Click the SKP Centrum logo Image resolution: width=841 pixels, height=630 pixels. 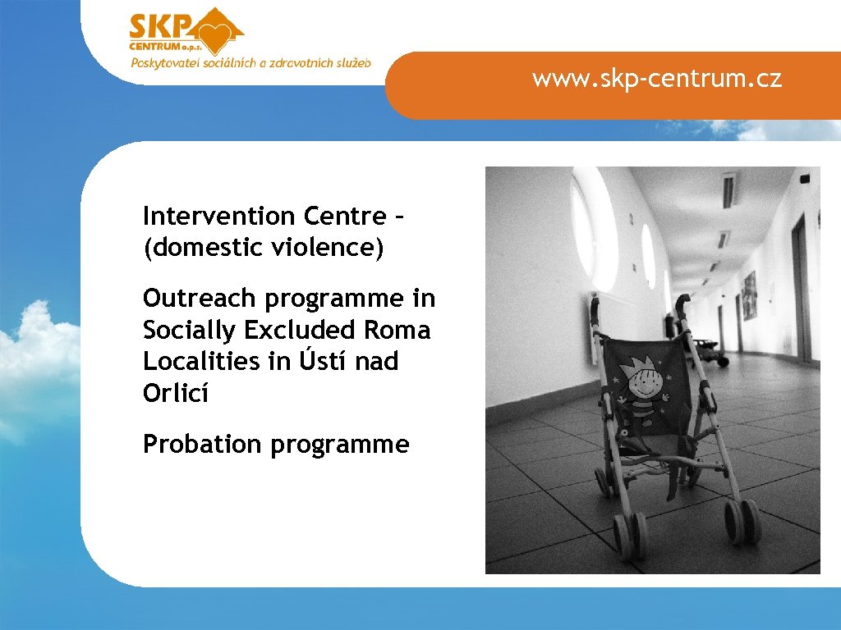point(186,32)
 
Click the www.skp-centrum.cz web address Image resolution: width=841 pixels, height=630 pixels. point(656,79)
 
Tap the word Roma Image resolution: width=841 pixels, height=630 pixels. point(402,331)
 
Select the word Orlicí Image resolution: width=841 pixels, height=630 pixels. point(176,394)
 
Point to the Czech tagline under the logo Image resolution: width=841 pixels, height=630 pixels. point(250,63)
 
